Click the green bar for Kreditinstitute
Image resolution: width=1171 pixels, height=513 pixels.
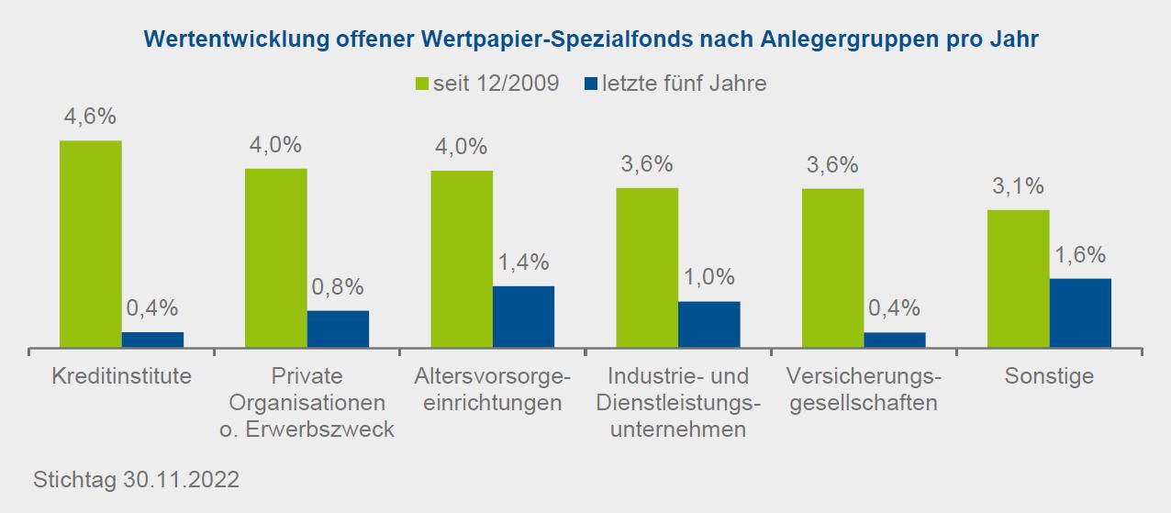[91, 244]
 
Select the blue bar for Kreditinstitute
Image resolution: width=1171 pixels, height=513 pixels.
[152, 340]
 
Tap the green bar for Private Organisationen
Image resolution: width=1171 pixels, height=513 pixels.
[276, 258]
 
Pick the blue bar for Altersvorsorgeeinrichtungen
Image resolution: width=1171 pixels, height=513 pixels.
[524, 317]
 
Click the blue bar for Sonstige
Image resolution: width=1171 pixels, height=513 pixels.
[1080, 313]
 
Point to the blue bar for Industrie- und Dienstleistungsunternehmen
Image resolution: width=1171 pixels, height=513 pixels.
[709, 324]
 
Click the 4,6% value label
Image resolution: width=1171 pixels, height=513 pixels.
[90, 118]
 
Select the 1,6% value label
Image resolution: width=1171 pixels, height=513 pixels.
[1080, 255]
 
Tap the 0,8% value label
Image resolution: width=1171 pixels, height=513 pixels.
[338, 288]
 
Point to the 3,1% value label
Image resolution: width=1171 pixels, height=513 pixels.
[1018, 187]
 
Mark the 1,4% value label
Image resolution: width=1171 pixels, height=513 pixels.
[523, 263]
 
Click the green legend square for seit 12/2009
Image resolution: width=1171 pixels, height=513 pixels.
[423, 84]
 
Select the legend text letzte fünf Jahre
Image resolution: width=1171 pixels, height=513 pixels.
[684, 84]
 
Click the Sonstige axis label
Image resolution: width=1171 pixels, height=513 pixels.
[1049, 376]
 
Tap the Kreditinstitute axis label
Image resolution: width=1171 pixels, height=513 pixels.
[121, 376]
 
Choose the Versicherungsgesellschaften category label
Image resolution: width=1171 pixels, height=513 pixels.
[864, 389]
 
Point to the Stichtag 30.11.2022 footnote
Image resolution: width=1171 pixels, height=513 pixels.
[136, 480]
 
